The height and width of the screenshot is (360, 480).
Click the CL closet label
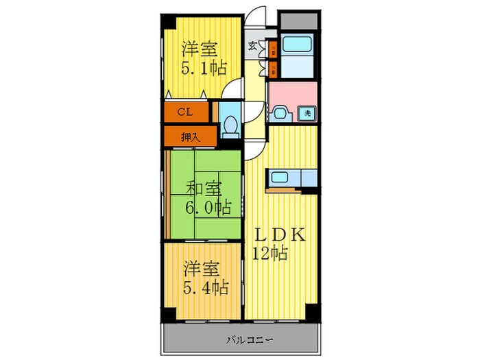point(184,111)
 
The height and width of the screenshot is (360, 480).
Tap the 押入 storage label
point(189,136)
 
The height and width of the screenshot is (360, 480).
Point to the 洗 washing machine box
point(308,113)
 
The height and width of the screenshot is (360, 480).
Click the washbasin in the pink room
point(279,113)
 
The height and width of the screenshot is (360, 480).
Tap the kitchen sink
point(281,179)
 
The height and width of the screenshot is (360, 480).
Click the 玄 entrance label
point(252,46)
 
